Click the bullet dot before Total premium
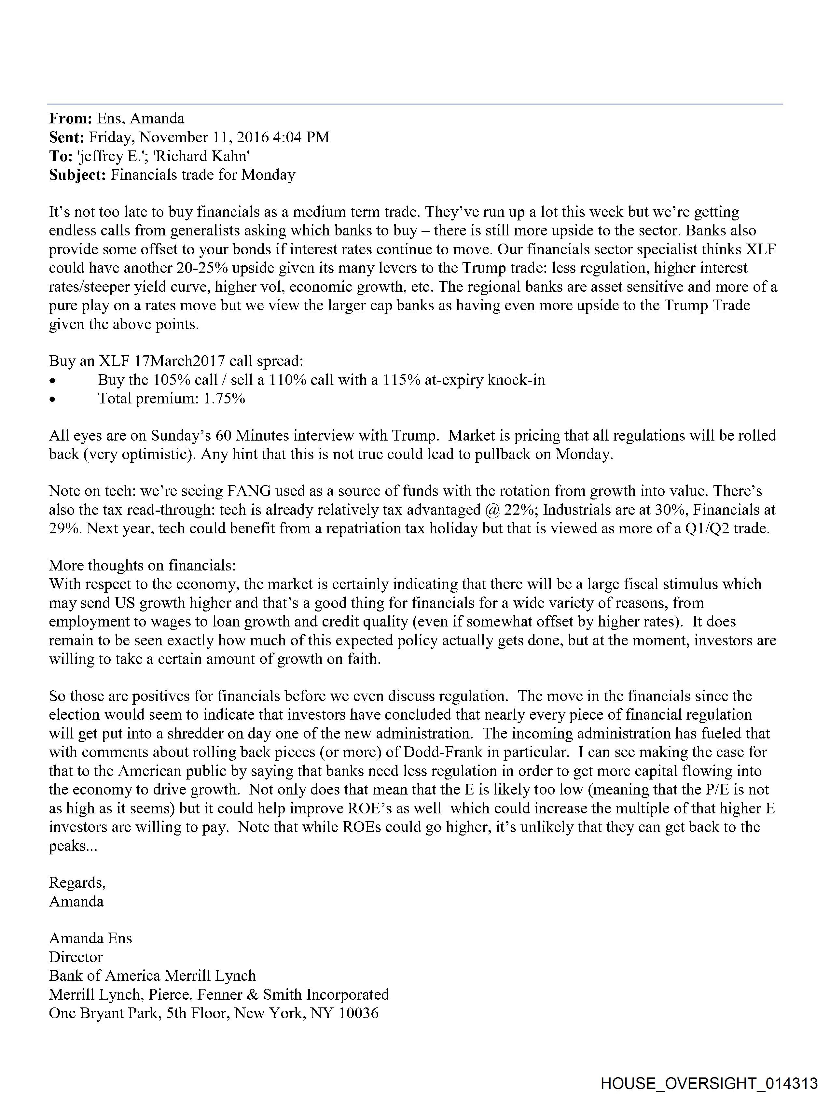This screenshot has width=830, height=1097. pyautogui.click(x=52, y=399)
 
